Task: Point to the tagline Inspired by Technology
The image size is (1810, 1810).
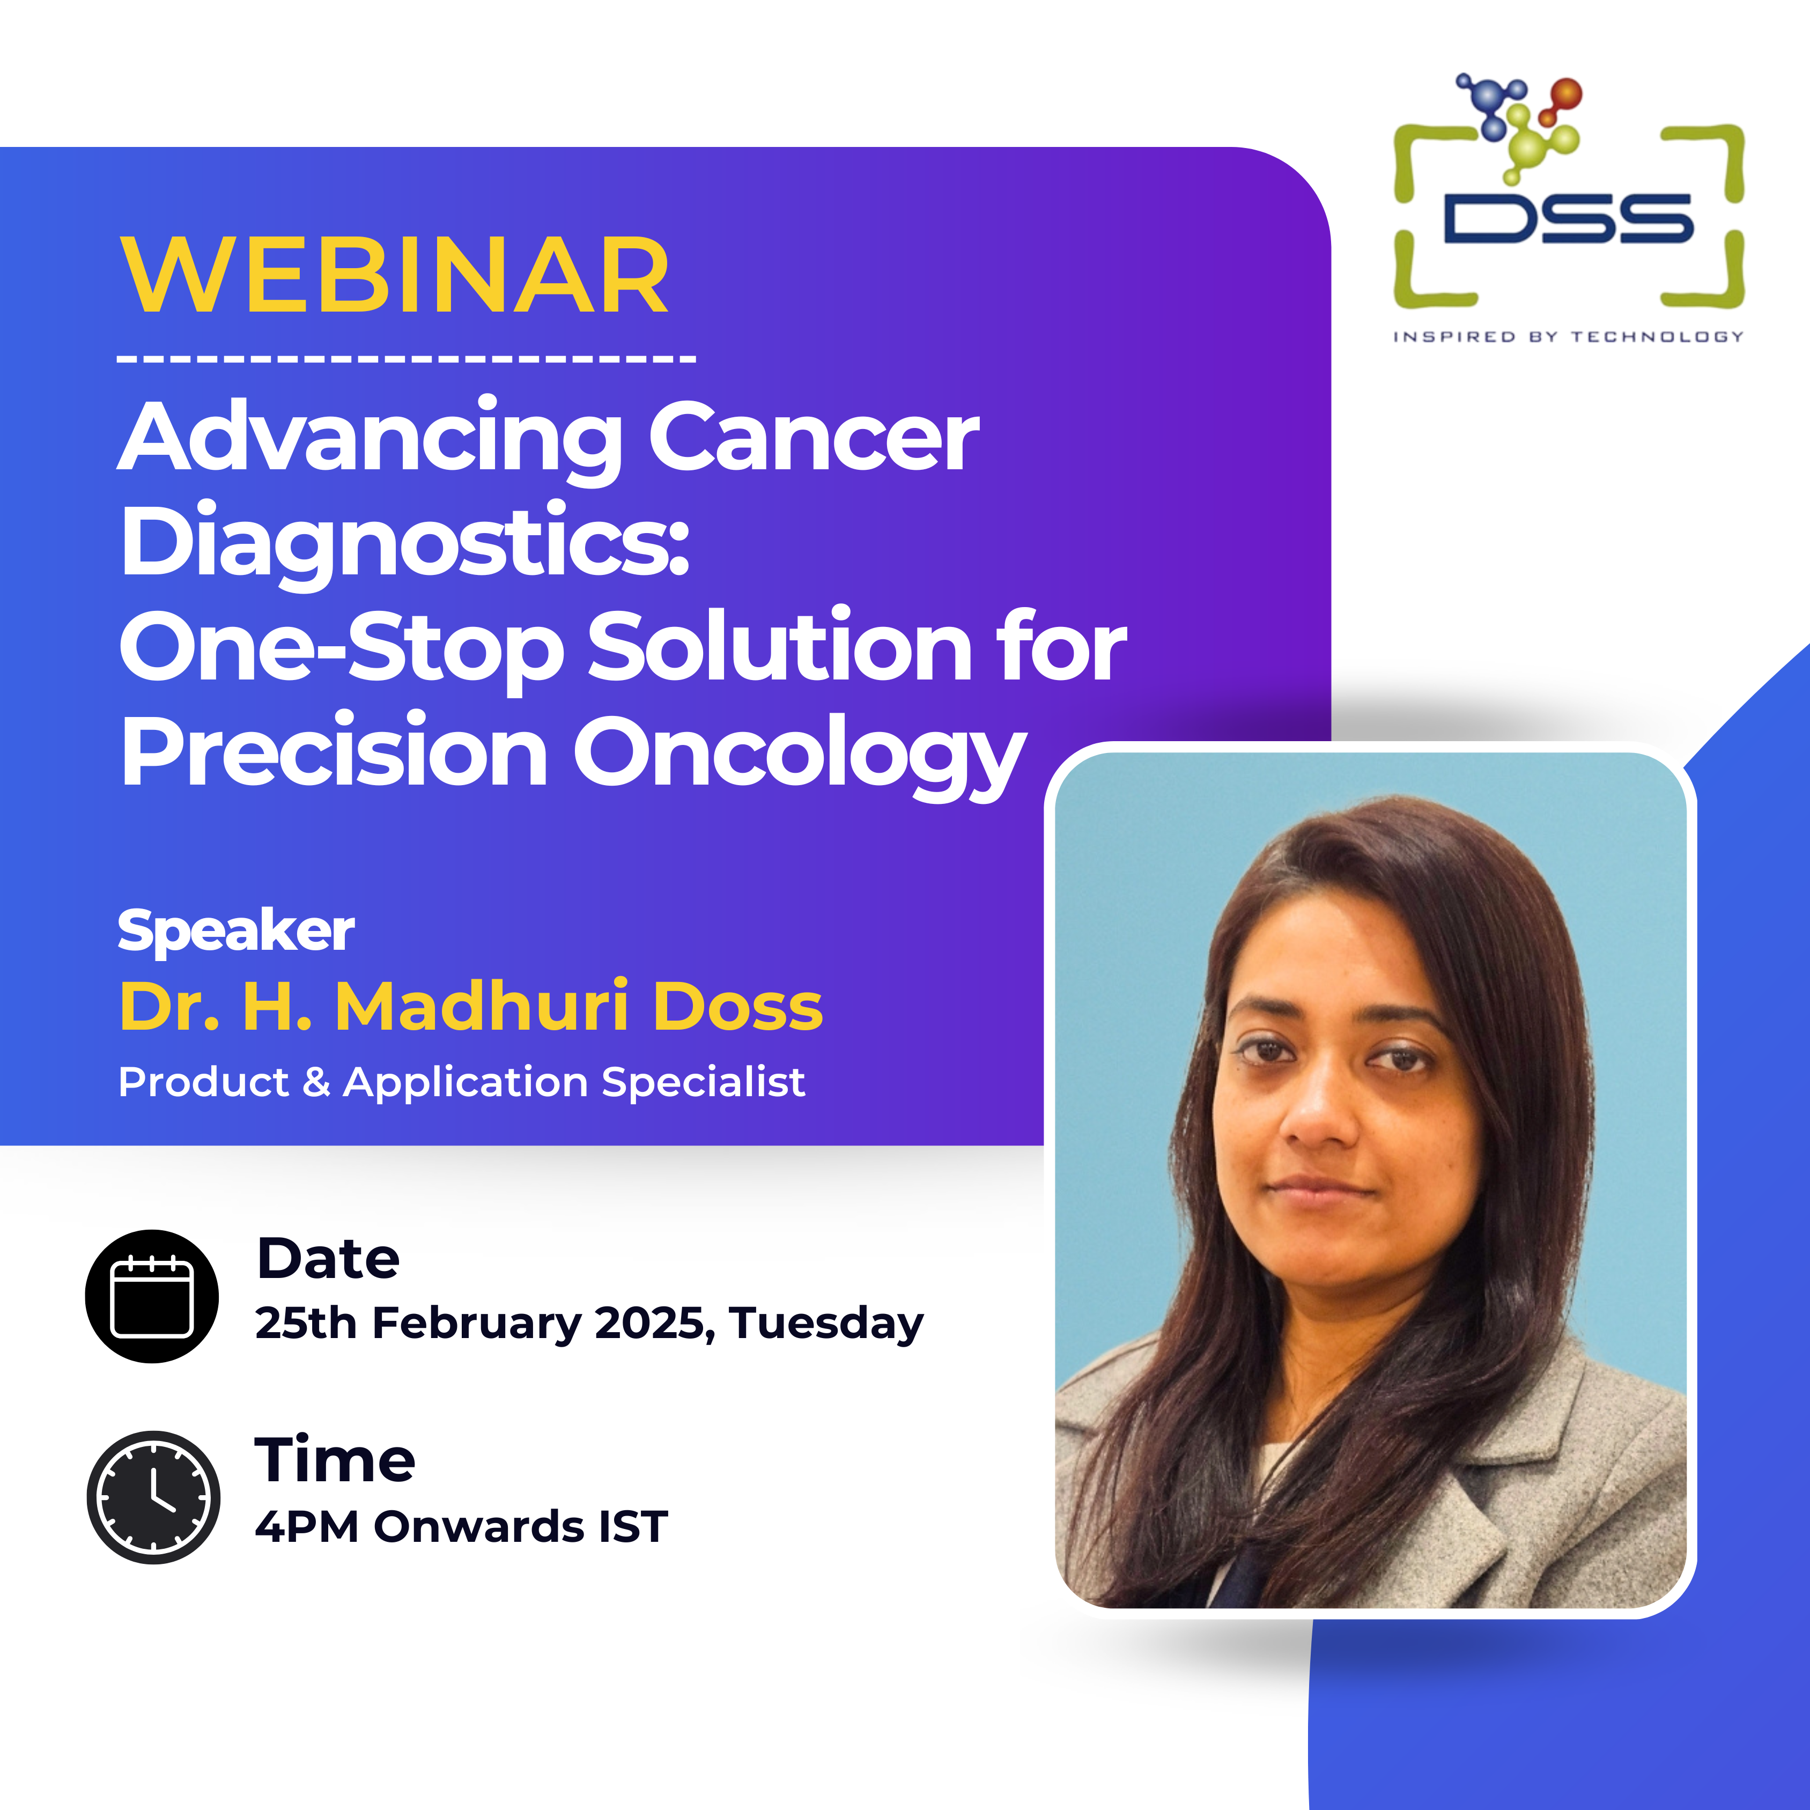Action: pyautogui.click(x=1568, y=336)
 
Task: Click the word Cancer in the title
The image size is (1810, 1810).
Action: pyautogui.click(x=813, y=437)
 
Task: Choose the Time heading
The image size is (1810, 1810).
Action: pyautogui.click(x=335, y=1460)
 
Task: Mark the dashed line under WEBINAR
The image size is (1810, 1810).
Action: pyautogui.click(x=407, y=358)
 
